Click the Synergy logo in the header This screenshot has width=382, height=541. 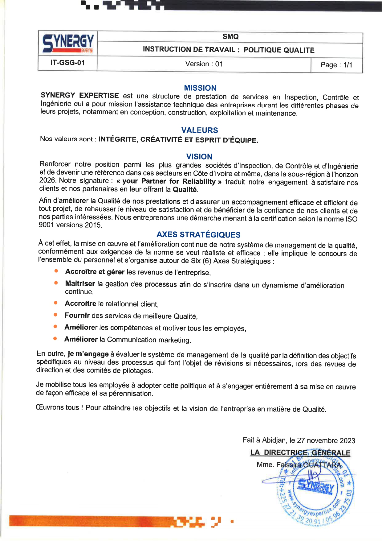click(68, 43)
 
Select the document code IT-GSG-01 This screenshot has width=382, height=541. click(67, 63)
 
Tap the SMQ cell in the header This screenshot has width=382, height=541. click(230, 37)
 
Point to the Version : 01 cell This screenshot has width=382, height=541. click(204, 64)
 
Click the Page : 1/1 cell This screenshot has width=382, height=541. click(336, 65)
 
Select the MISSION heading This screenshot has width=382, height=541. click(200, 88)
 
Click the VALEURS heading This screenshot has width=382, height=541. click(200, 130)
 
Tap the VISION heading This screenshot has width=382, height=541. click(199, 157)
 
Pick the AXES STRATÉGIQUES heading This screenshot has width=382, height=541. click(199, 235)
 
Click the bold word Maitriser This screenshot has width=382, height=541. click(80, 283)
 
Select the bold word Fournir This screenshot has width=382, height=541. click(77, 316)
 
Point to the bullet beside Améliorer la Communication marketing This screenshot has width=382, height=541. click(55, 339)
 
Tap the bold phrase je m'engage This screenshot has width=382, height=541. click(88, 354)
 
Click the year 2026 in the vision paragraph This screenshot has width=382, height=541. click(47, 180)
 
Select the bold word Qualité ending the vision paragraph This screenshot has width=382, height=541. click(185, 189)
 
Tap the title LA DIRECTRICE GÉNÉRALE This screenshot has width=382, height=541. click(300, 453)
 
